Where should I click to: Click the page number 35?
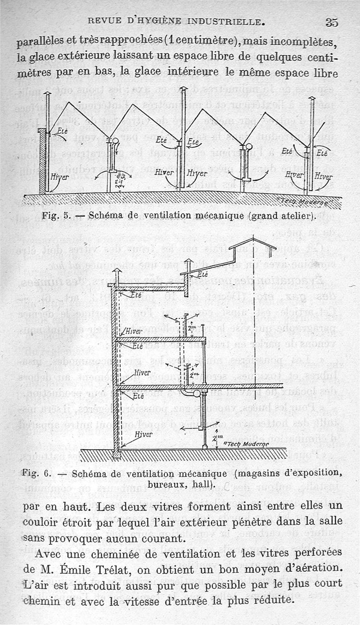(x=332, y=22)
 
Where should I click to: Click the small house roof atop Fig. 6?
(x=252, y=242)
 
